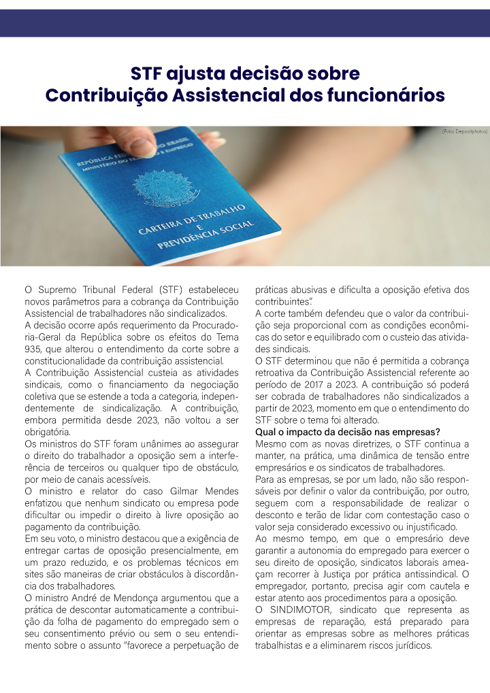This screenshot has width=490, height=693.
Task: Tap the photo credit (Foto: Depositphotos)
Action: coord(464,130)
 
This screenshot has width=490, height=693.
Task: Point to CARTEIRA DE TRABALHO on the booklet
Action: coord(192,219)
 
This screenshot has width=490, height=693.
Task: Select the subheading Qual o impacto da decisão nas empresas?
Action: coord(347,432)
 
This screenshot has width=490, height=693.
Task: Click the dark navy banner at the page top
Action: coord(245,23)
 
